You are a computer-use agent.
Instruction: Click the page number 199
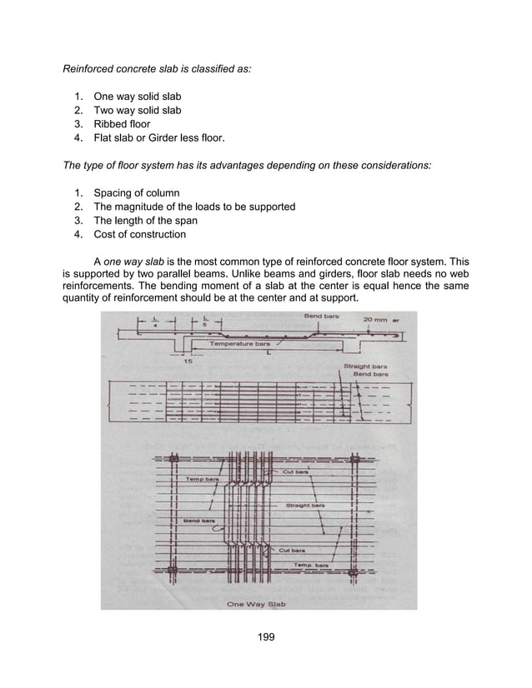click(x=265, y=640)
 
